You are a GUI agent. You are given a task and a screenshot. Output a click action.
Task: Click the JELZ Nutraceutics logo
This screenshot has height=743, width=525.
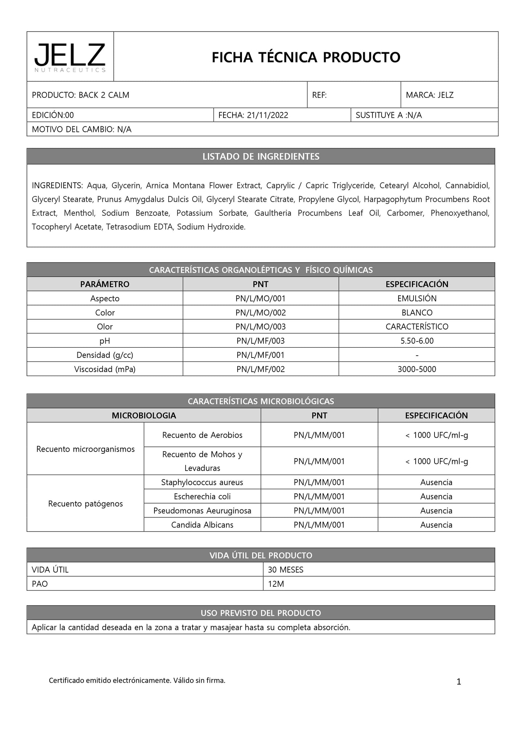[x=70, y=57]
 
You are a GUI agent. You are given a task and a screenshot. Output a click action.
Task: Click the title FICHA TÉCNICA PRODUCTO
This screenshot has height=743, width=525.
[x=306, y=57]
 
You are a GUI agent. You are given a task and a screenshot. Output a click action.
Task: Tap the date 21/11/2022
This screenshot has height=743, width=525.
[x=267, y=115]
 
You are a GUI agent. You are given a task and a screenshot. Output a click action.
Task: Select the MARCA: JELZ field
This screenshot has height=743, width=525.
[x=430, y=95]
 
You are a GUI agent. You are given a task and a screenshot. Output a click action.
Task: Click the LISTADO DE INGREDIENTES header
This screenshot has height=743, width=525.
[x=261, y=157]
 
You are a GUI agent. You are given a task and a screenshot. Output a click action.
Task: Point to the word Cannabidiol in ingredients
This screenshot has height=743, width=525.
[x=467, y=186]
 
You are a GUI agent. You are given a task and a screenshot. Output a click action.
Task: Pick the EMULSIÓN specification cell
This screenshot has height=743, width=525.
[x=417, y=299]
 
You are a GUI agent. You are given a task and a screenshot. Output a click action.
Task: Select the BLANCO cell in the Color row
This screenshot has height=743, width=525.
[x=417, y=313]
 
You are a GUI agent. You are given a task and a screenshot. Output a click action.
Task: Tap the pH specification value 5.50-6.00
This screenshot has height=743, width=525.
[x=417, y=341]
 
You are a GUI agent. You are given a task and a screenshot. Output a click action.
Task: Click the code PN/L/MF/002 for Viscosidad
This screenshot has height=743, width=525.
[x=261, y=370]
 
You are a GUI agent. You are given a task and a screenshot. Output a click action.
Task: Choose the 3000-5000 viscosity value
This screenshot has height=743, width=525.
[x=417, y=370]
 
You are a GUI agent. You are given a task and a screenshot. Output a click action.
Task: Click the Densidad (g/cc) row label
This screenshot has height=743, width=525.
[x=105, y=355]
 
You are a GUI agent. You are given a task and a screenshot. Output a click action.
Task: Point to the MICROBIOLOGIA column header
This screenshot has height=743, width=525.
[x=144, y=416]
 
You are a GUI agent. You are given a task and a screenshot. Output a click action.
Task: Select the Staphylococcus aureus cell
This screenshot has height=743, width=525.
[x=202, y=482]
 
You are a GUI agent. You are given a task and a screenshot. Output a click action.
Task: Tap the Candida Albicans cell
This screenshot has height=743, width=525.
[x=202, y=525]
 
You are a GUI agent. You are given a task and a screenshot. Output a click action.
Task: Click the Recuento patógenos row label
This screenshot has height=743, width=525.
[x=85, y=504]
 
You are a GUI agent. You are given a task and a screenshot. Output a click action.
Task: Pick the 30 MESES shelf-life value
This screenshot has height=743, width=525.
[x=286, y=570]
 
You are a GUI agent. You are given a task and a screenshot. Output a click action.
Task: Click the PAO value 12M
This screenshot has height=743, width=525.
[x=276, y=584]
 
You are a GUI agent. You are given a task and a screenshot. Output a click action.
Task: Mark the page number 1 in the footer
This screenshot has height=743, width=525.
[x=459, y=682]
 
